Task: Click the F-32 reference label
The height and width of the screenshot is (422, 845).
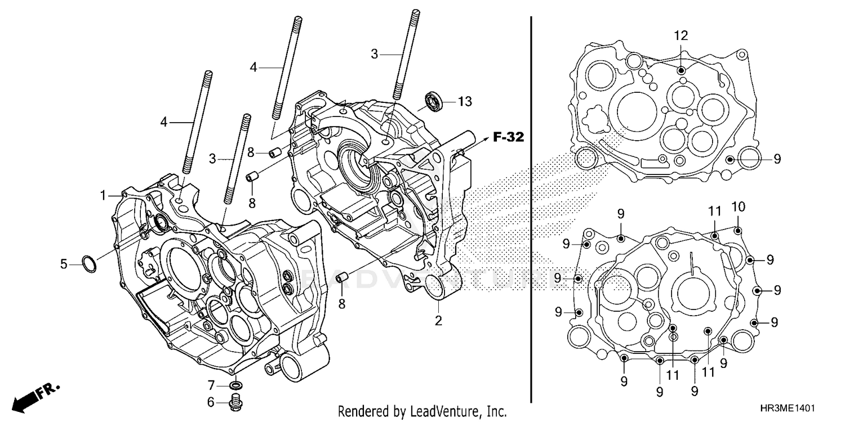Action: [509, 136]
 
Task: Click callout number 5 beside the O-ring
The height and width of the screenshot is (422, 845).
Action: [64, 263]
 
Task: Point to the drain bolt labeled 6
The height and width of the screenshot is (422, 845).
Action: [236, 402]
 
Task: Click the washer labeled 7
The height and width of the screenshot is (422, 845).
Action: [237, 386]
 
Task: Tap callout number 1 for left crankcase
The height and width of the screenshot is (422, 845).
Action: [104, 195]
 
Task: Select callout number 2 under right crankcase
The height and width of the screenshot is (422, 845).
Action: [438, 321]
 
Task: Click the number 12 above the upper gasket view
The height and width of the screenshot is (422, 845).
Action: [681, 35]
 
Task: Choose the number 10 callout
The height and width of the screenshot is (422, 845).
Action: [738, 206]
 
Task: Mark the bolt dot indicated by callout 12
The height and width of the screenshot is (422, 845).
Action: [682, 70]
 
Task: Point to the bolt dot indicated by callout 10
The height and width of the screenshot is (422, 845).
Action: [739, 230]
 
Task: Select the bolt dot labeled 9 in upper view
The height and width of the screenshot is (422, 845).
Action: [730, 159]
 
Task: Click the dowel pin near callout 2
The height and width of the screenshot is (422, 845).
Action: [341, 278]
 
